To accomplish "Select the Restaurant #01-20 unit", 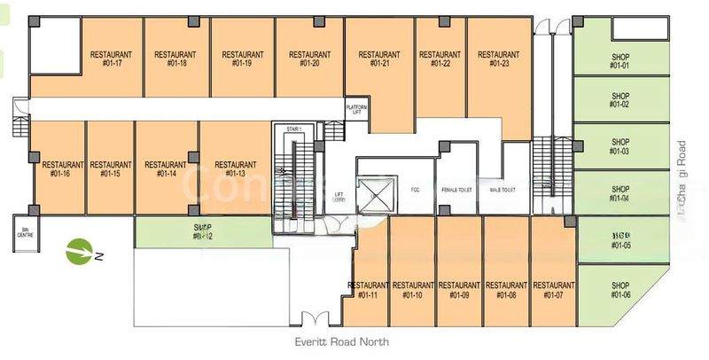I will pos(309,59).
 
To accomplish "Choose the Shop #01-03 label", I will pos(619,145).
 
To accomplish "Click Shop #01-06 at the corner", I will pos(619,290).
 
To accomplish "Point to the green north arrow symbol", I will pos(81,252).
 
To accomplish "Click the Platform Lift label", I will pos(356,109).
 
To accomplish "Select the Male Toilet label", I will pos(503,189).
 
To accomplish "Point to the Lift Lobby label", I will pos(339,196).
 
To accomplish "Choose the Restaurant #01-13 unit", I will pos(235,168).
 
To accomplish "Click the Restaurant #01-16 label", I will pos(62,168).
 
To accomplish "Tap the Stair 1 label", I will pos(294,129).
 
